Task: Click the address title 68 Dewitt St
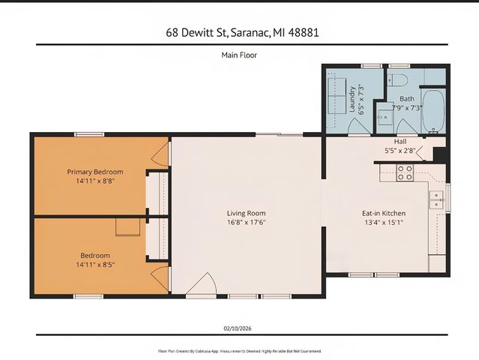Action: [239, 32]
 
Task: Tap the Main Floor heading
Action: [239, 55]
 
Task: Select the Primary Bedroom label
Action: [94, 172]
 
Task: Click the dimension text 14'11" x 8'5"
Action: [94, 264]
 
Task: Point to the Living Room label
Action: [247, 213]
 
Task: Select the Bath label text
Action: [406, 98]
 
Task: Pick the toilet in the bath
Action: [399, 79]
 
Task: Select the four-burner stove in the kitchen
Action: [405, 173]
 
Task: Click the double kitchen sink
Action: [436, 199]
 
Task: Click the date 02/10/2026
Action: [239, 328]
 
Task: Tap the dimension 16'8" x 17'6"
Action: [247, 222]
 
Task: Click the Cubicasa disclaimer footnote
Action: [239, 350]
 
